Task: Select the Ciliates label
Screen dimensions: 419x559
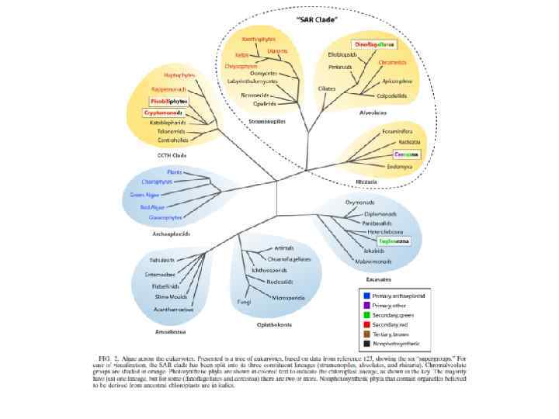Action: [x=327, y=88]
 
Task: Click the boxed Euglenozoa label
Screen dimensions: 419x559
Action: [x=394, y=241]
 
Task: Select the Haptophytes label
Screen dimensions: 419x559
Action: [x=179, y=74]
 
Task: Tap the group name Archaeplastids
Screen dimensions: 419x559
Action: [x=172, y=233]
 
